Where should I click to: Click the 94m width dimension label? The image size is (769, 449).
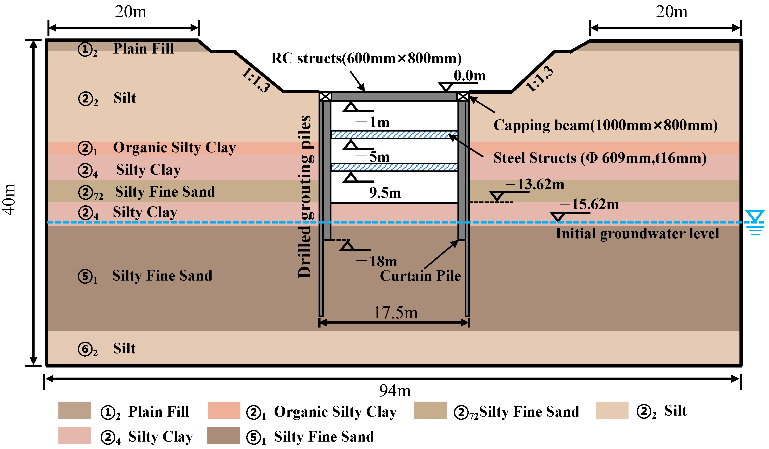click(395, 391)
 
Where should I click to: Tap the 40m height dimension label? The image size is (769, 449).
click(9, 200)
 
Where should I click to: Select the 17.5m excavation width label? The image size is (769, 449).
click(396, 313)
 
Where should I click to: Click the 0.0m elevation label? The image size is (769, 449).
click(469, 76)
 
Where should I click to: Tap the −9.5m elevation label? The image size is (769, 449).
click(378, 193)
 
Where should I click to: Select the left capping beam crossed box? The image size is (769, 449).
click(325, 97)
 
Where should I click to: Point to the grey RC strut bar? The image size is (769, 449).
click(394, 97)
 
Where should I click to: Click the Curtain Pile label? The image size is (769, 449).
click(420, 276)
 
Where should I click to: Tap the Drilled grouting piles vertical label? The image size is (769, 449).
click(305, 197)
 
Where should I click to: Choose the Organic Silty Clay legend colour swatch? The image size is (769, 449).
click(224, 411)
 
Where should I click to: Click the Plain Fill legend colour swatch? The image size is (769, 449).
click(74, 411)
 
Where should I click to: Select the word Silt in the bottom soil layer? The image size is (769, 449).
click(124, 348)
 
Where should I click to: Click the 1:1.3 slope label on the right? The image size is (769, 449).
click(539, 79)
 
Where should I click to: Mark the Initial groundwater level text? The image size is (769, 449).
click(637, 234)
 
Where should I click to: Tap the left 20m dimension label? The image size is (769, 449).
click(130, 12)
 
